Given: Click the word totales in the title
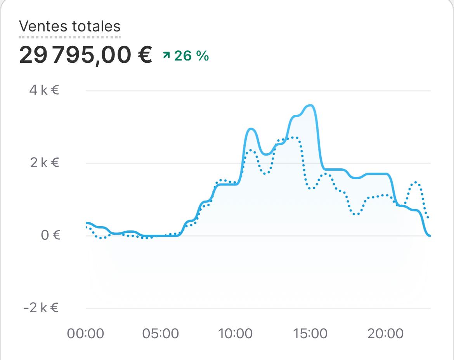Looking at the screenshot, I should [96, 26].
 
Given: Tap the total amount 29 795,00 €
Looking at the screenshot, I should [85, 55].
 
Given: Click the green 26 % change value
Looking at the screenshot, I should [191, 56].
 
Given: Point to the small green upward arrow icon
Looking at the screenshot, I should [166, 56].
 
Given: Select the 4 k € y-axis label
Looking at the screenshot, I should [44, 90].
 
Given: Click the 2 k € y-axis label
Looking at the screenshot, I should [44, 163].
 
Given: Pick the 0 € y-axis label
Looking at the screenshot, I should [51, 235].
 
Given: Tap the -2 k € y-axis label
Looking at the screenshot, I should [41, 308].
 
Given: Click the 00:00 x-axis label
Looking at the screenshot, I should [85, 333].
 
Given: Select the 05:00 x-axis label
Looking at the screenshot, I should [161, 333].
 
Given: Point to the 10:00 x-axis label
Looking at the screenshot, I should [236, 333].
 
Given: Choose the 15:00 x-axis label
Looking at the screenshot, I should [310, 333].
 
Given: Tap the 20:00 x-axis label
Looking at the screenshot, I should [385, 333].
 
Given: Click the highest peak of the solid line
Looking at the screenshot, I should [310, 105].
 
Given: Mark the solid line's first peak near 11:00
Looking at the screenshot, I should [251, 129].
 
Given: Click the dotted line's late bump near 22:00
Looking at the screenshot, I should [416, 182].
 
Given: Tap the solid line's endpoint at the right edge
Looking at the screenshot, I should [430, 235].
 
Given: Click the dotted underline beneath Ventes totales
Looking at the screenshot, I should [70, 37].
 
